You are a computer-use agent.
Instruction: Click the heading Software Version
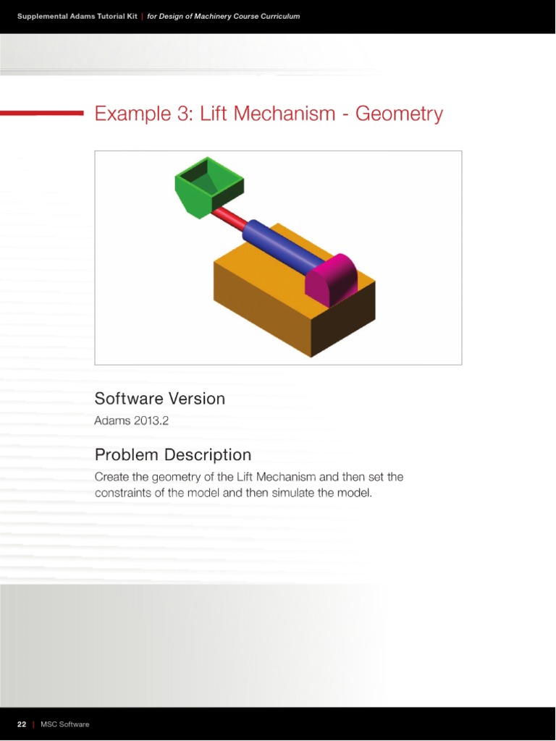(x=159, y=399)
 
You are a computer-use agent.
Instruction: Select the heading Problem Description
(x=173, y=455)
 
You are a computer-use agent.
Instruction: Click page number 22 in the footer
(x=22, y=724)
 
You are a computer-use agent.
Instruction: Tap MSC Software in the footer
(x=65, y=724)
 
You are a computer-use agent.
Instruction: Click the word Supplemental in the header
(x=46, y=16)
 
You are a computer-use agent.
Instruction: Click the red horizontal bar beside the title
(x=42, y=113)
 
